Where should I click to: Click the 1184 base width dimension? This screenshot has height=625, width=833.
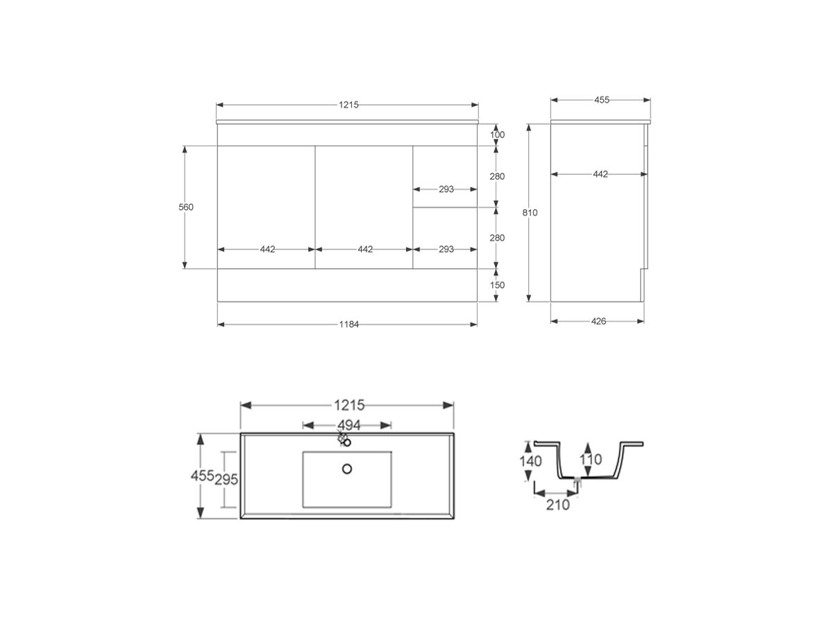pyautogui.click(x=348, y=324)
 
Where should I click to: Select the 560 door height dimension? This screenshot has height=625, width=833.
pyautogui.click(x=185, y=207)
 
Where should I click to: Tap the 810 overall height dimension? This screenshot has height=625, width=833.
pyautogui.click(x=530, y=212)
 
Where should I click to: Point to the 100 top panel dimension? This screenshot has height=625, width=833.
pyautogui.click(x=497, y=135)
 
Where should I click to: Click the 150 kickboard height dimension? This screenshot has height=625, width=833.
pyautogui.click(x=497, y=285)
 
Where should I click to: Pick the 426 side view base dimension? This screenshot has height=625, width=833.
pyautogui.click(x=598, y=321)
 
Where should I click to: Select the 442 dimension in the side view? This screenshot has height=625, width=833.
pyautogui.click(x=600, y=174)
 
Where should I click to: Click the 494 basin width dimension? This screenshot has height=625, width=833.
pyautogui.click(x=348, y=425)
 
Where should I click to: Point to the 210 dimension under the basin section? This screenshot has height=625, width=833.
pyautogui.click(x=557, y=504)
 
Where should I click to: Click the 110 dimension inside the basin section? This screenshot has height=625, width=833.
pyautogui.click(x=591, y=459)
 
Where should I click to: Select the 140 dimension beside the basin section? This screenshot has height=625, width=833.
pyautogui.click(x=530, y=460)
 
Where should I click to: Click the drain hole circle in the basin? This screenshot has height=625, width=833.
pyautogui.click(x=347, y=469)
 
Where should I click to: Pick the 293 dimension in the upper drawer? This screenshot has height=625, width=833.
pyautogui.click(x=446, y=189)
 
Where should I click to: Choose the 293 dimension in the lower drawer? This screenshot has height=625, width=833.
pyautogui.click(x=446, y=249)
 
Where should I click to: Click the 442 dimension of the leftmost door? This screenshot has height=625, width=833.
pyautogui.click(x=267, y=249)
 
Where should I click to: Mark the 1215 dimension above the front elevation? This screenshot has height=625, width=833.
pyautogui.click(x=348, y=105)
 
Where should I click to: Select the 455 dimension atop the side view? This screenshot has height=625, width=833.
pyautogui.click(x=601, y=100)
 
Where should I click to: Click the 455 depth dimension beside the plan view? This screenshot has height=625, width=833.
pyautogui.click(x=201, y=476)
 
